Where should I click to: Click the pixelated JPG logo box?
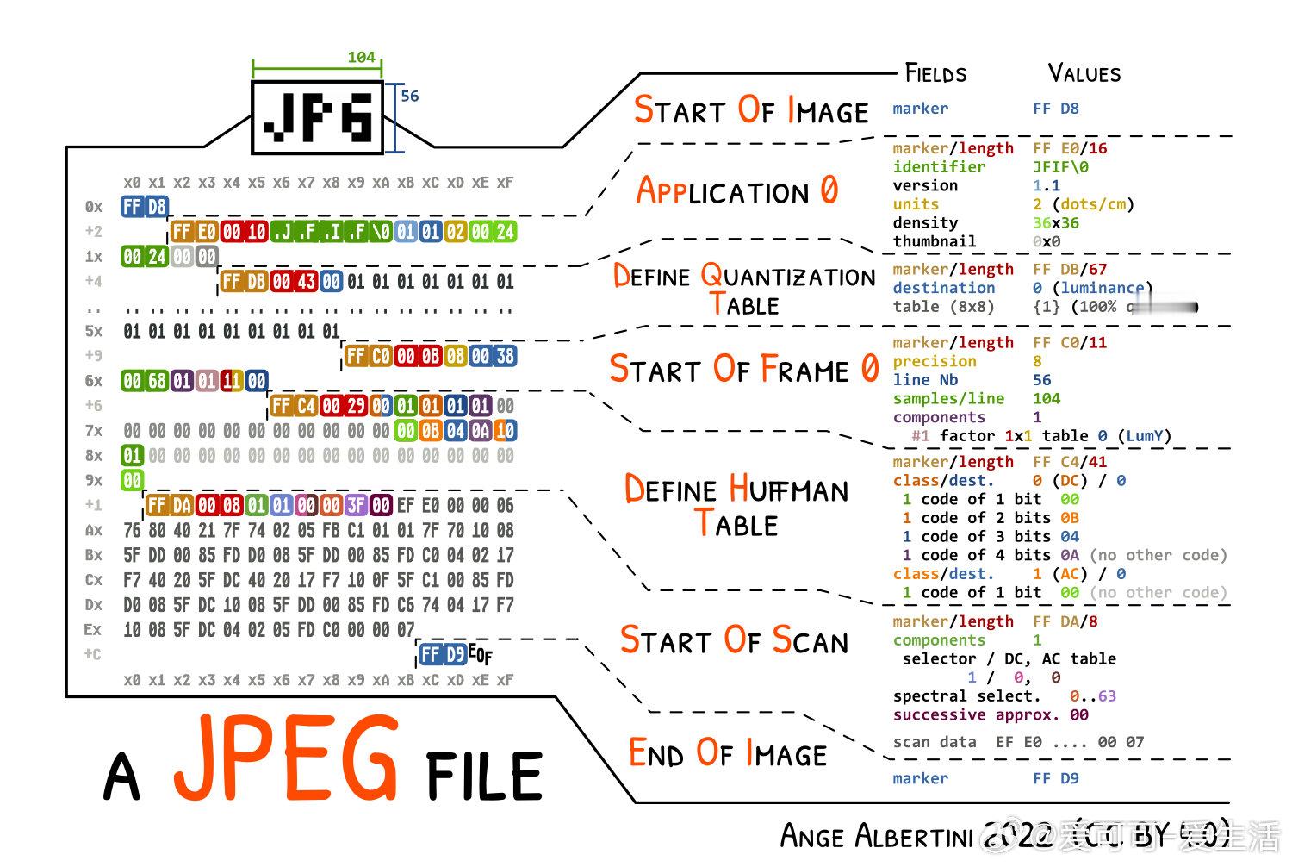[317, 117]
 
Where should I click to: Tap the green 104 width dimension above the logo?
[361, 58]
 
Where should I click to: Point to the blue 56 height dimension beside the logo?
[410, 97]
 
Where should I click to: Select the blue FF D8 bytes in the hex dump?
[144, 207]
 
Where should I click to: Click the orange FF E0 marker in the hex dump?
[194, 232]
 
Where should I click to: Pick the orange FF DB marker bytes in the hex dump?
[244, 282]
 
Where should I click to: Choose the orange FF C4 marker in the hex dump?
[294, 406]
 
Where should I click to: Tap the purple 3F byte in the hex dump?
[356, 506]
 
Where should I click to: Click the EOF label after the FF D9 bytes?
[481, 655]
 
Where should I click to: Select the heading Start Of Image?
[751, 111]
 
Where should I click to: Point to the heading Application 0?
[736, 190]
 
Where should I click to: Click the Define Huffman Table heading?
[736, 507]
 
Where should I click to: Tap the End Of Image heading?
[728, 754]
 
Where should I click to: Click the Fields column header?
[935, 73]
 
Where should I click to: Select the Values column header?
[1084, 73]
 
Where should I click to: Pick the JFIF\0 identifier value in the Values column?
[1060, 167]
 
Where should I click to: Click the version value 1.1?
[1047, 186]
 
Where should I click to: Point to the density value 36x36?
[1056, 223]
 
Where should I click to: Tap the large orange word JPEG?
[287, 758]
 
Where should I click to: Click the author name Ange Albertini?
[876, 836]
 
